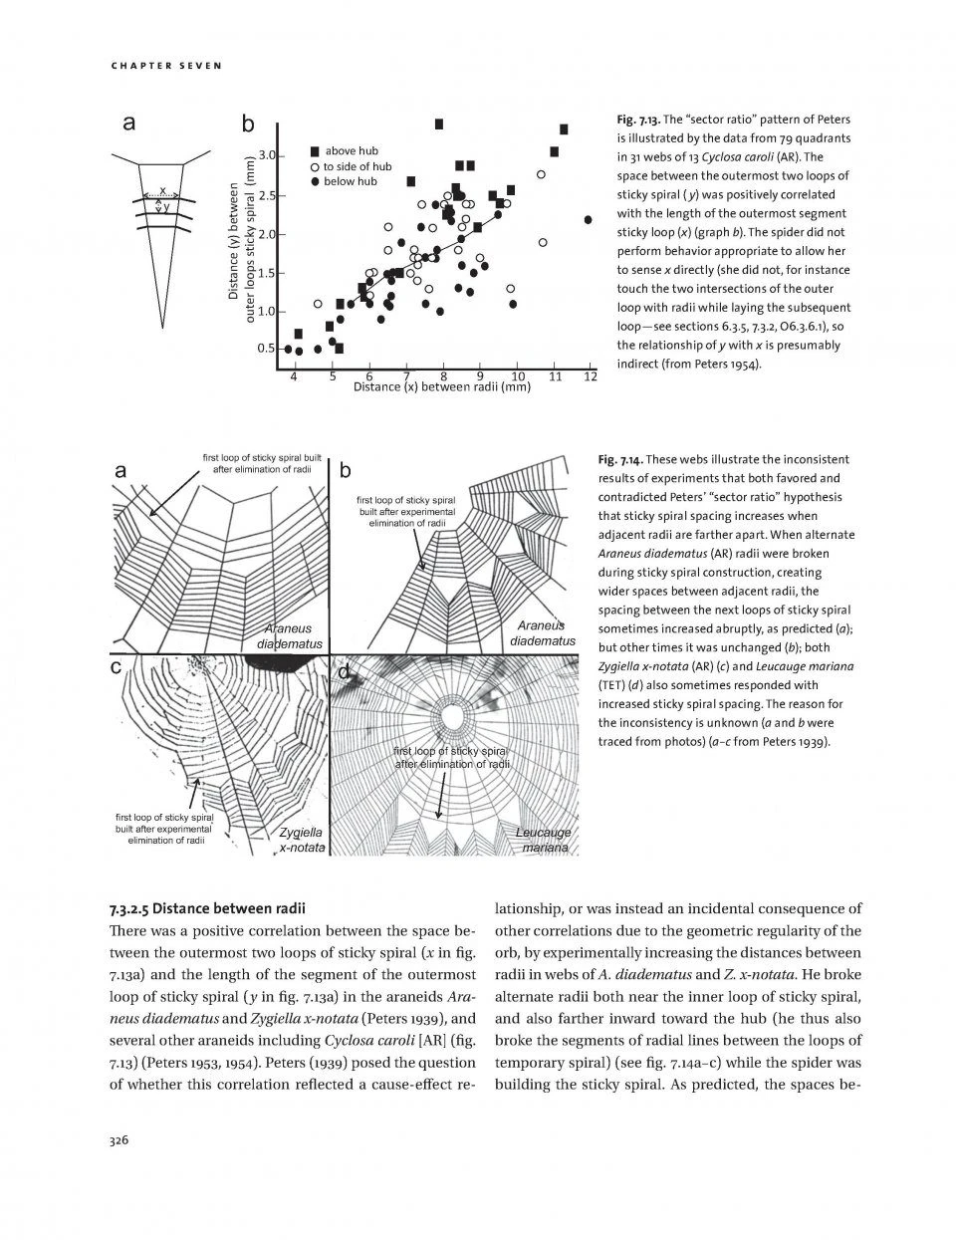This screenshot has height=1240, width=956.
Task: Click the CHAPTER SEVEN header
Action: point(165,66)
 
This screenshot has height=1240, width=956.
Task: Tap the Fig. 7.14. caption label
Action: point(623,459)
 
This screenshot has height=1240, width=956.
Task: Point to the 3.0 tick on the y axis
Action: point(266,155)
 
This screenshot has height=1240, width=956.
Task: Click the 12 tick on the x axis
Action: point(590,376)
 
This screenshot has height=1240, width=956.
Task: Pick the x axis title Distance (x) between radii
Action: point(442,386)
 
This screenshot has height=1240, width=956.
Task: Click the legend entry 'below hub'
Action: point(344,181)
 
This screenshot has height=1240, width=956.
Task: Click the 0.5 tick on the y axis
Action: point(266,349)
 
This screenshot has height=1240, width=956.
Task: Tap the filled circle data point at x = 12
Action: point(589,219)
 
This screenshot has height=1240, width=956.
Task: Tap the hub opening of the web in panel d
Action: point(456,715)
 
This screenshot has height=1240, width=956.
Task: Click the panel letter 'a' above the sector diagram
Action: point(128,124)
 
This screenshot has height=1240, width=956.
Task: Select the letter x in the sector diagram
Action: point(163,189)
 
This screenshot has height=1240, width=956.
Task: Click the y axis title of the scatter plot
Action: point(241,242)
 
